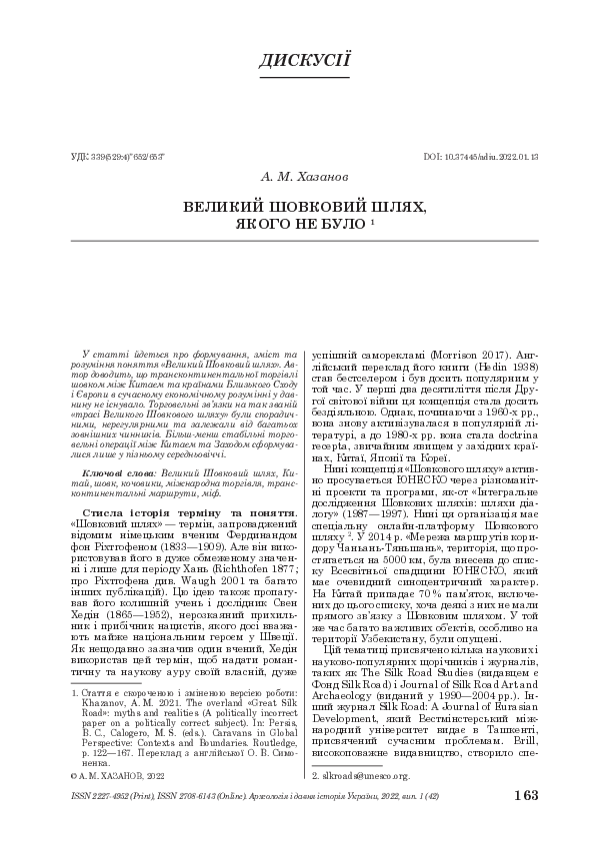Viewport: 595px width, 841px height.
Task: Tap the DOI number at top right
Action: pyautogui.click(x=481, y=157)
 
